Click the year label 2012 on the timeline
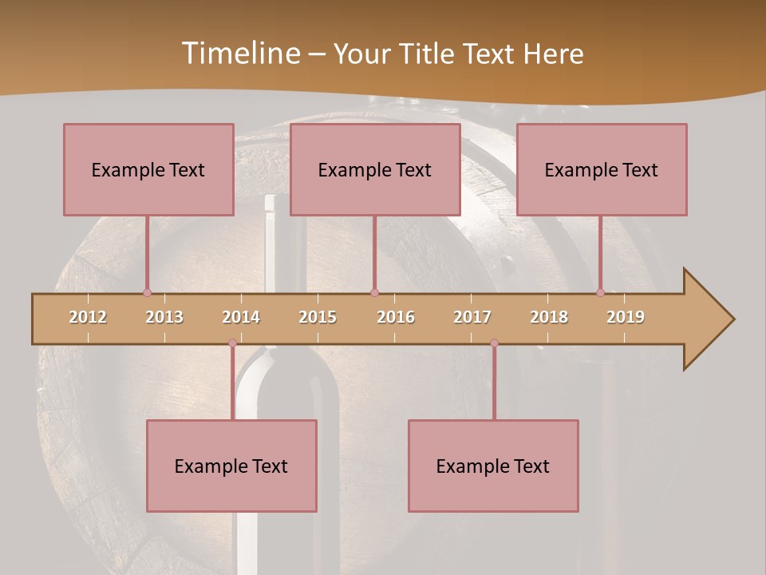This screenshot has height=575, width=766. click(x=88, y=317)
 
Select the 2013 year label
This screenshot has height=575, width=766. click(x=164, y=317)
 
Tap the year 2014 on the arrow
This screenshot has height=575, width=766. click(x=241, y=317)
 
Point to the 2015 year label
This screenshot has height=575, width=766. click(x=318, y=317)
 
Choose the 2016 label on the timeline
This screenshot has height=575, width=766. click(x=396, y=317)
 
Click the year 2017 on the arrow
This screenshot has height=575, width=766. click(x=472, y=317)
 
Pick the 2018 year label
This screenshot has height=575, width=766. click(x=549, y=317)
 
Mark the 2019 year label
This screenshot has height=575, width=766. click(x=626, y=317)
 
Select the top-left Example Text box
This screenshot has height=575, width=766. click(x=148, y=169)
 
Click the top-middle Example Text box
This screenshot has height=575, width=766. click(x=375, y=169)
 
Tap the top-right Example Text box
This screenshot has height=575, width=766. click(x=602, y=169)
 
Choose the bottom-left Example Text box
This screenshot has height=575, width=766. click(x=231, y=466)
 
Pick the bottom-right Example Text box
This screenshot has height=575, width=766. click(x=493, y=466)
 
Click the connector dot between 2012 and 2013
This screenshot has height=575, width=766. click(x=147, y=292)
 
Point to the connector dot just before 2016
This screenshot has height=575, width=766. click(x=375, y=292)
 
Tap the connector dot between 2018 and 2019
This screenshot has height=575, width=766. click(x=601, y=292)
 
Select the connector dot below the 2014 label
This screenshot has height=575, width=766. click(x=233, y=343)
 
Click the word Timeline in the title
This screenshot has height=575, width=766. click(x=240, y=54)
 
